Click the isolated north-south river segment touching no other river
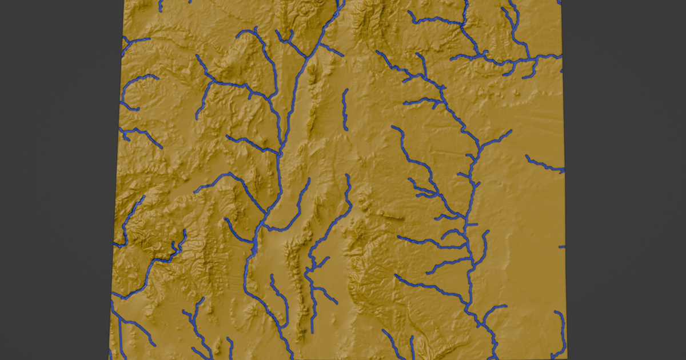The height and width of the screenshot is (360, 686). pos(345,109)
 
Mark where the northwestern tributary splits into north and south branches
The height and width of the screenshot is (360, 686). pos(212,83)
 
